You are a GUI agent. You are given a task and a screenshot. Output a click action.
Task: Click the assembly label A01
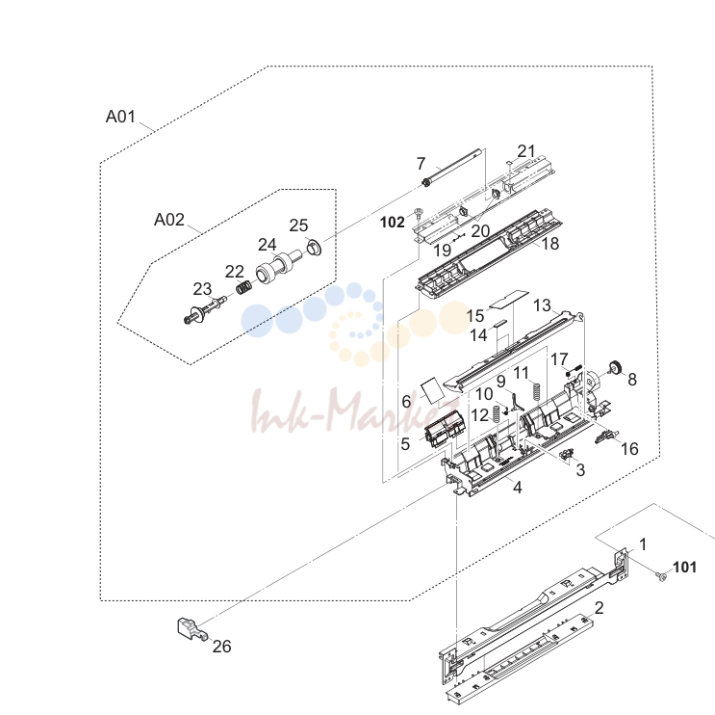[x=120, y=117]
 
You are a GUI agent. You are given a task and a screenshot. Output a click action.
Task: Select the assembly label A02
[x=169, y=220]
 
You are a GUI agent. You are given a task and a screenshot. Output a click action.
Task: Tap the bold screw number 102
[x=393, y=223]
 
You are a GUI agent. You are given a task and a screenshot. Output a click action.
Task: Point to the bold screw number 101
[x=684, y=567]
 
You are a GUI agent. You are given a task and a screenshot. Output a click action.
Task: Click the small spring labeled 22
[x=244, y=287]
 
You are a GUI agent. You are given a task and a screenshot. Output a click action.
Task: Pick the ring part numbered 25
[x=314, y=247]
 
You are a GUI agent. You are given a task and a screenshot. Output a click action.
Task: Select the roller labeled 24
[x=277, y=267]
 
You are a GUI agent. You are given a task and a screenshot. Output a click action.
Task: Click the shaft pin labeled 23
[x=205, y=310]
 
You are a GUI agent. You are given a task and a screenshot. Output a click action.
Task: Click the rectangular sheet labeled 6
[x=431, y=390]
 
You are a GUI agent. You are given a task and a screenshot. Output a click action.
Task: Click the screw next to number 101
[x=661, y=576]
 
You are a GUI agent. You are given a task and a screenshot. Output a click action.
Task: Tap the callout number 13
[x=542, y=305]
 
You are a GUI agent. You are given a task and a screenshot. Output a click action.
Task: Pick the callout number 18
[x=549, y=244]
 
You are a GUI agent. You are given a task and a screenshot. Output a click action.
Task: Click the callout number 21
[x=525, y=151]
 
